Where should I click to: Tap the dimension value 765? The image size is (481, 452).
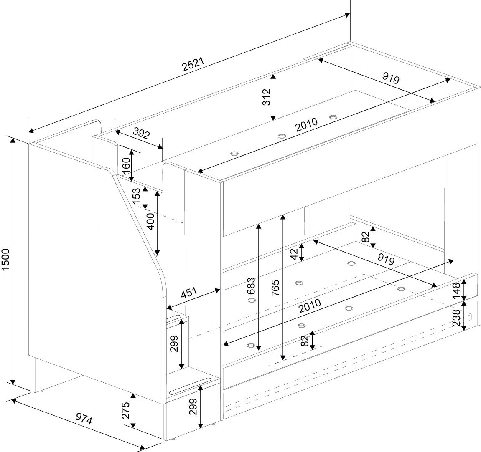(276, 288)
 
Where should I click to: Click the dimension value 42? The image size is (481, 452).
(294, 253)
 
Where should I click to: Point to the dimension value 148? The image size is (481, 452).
(456, 290)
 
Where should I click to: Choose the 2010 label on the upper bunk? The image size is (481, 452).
(307, 125)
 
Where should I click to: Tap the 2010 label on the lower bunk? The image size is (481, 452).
(309, 306)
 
